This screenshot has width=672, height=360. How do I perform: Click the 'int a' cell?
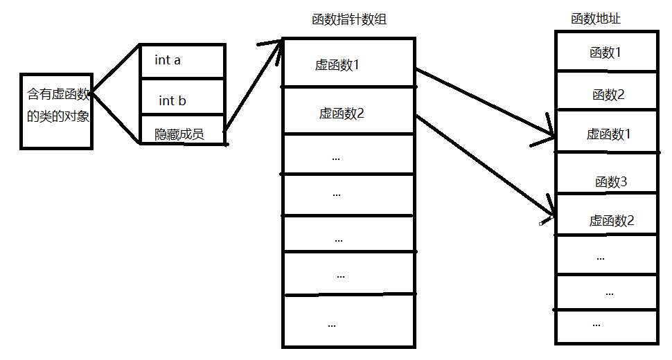click(x=182, y=61)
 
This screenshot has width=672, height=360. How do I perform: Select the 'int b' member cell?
click(x=182, y=101)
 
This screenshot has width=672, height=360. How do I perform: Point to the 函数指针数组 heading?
click(x=349, y=20)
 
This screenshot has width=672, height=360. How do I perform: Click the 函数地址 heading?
click(x=595, y=19)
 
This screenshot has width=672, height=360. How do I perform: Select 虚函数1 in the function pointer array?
click(x=338, y=66)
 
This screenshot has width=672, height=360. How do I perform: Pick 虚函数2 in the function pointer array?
click(x=342, y=114)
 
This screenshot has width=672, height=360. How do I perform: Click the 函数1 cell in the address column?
click(x=605, y=52)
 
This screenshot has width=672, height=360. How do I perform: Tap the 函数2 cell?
click(x=608, y=95)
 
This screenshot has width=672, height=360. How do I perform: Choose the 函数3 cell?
click(x=610, y=182)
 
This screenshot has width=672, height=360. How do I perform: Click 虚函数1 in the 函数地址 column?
click(x=608, y=134)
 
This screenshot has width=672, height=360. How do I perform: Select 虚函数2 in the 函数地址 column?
click(x=612, y=221)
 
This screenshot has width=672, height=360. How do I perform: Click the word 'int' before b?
click(x=166, y=101)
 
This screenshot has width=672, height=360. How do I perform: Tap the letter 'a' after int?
click(x=177, y=61)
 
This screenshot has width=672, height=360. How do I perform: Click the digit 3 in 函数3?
click(x=623, y=182)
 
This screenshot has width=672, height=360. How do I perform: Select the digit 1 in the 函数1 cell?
click(x=618, y=52)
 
